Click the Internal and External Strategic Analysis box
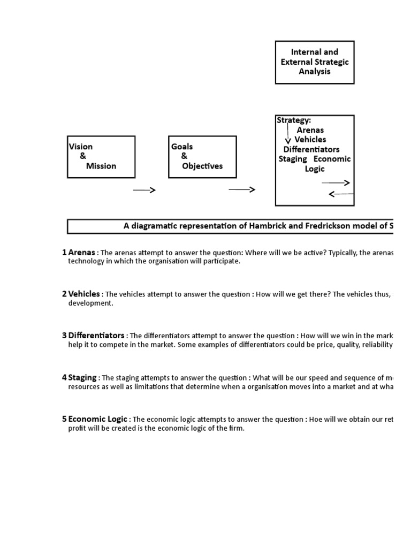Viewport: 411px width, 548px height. point(315,62)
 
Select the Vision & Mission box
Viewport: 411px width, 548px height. point(101,156)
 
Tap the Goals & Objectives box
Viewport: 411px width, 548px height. point(202,156)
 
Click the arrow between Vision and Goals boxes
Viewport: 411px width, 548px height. point(144,190)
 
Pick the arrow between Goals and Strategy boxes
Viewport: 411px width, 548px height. point(242,190)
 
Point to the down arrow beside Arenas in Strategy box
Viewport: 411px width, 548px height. point(288,134)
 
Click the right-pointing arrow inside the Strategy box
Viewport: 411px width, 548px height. point(336,183)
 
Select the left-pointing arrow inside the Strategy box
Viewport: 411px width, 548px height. point(340,194)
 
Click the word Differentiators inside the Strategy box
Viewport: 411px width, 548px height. point(311,149)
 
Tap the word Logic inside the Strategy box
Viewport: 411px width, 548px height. point(315,169)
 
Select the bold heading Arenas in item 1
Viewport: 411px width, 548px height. point(82,253)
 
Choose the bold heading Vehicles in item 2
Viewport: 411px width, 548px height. point(84,294)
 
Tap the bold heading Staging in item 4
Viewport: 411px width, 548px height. point(82,377)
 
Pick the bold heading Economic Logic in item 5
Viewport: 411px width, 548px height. point(98,419)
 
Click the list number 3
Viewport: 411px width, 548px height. point(64,335)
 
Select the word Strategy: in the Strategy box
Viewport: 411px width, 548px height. point(294,120)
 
